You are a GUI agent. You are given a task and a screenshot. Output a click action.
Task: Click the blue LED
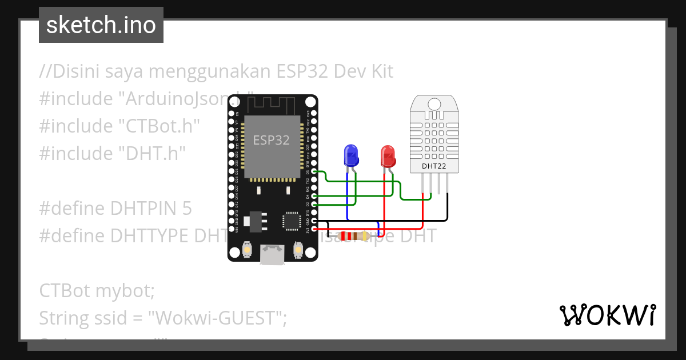coord(350,155)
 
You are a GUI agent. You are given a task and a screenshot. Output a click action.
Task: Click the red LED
coord(388,156)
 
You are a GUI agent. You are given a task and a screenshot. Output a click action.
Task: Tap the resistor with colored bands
coord(353,235)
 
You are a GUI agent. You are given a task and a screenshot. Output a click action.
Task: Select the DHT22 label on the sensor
coord(434,166)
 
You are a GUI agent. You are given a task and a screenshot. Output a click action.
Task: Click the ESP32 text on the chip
coord(272,140)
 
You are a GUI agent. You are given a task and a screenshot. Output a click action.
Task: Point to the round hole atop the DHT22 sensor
coord(434,104)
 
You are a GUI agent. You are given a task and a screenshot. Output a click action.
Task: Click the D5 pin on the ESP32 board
coord(313,171)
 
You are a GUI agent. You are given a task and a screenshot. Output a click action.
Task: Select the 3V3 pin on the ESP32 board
coord(313,229)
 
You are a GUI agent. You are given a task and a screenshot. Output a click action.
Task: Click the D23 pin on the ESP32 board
coord(313,114)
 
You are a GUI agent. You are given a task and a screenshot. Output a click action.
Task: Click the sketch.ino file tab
coord(101,25)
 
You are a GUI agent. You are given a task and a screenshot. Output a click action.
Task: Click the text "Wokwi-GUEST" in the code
coord(217,318)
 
